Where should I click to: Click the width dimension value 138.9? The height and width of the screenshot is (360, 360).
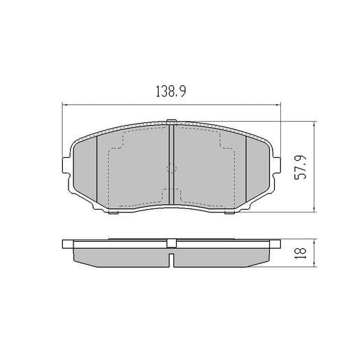tap(171, 92)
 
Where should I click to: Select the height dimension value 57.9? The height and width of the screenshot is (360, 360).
tap(301, 166)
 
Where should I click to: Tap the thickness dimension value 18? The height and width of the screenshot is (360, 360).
tap(301, 252)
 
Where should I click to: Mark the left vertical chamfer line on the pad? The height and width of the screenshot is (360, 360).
tap(96, 167)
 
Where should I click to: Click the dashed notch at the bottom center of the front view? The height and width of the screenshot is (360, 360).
tap(171, 197)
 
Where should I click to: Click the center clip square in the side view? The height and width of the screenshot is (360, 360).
tap(171, 243)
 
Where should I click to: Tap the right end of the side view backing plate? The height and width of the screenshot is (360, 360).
tap(277, 245)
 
